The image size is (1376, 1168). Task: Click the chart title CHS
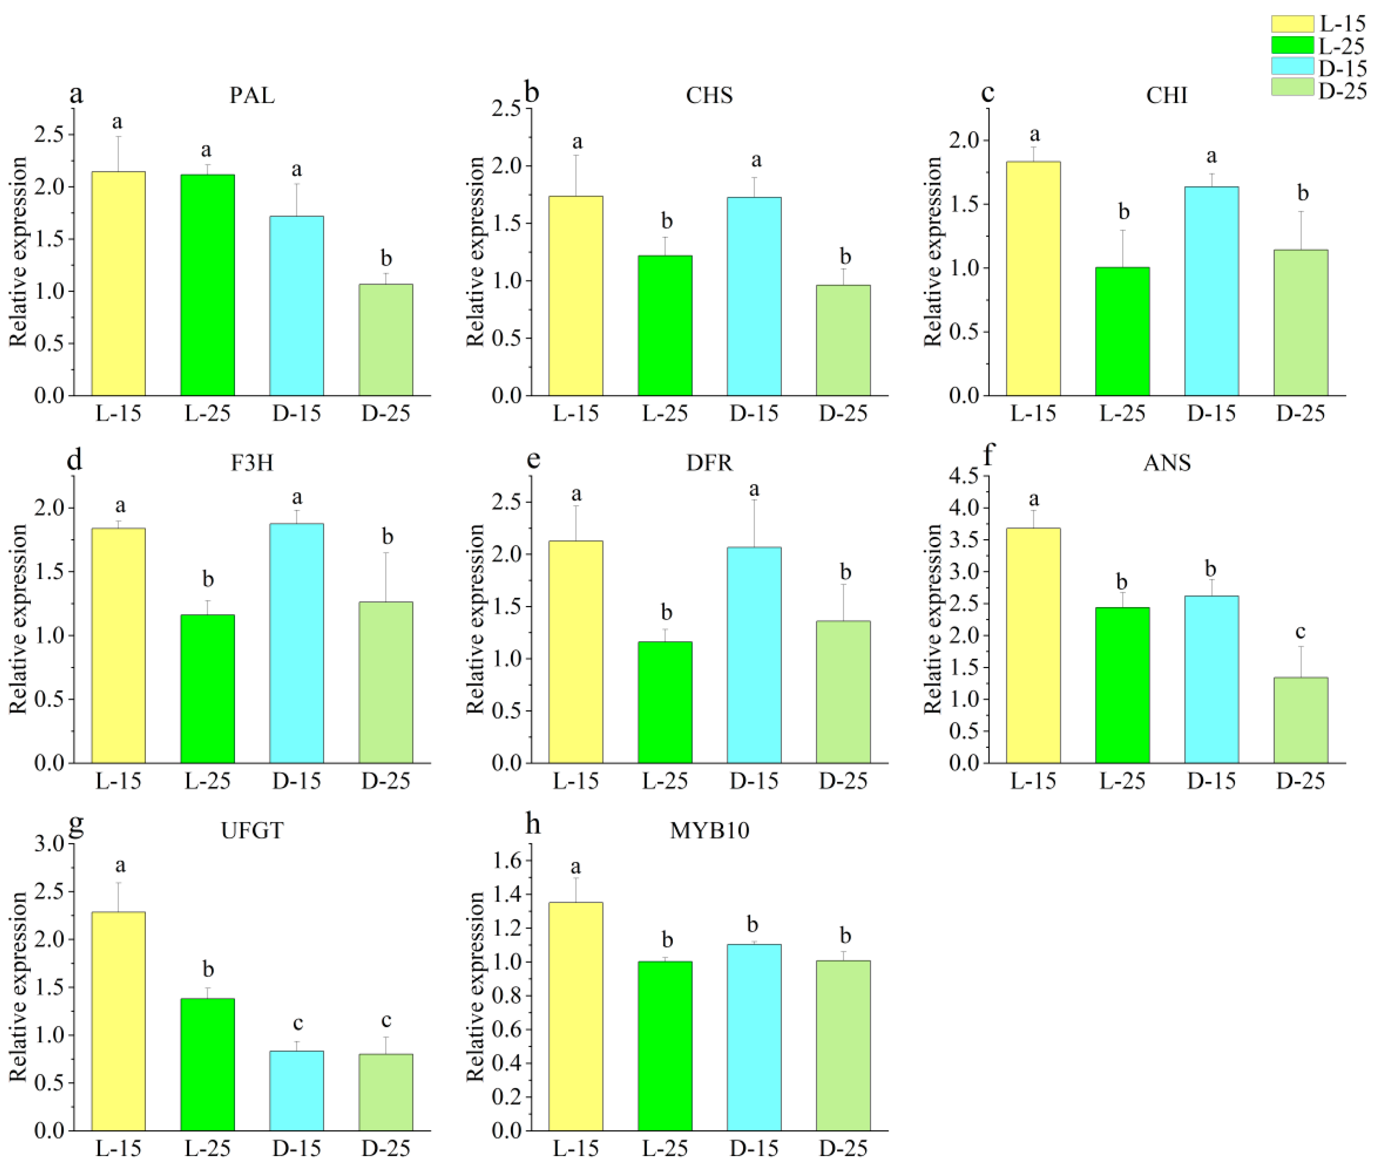click(709, 95)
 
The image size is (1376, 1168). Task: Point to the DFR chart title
click(709, 462)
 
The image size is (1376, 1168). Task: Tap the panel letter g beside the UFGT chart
click(76, 824)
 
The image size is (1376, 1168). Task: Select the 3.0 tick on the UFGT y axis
click(50, 844)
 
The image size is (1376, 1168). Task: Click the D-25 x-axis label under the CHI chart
click(1301, 413)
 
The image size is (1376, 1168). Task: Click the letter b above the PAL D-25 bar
click(386, 258)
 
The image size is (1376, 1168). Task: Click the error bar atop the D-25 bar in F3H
click(386, 576)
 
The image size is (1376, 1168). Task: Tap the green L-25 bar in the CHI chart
click(1122, 331)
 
